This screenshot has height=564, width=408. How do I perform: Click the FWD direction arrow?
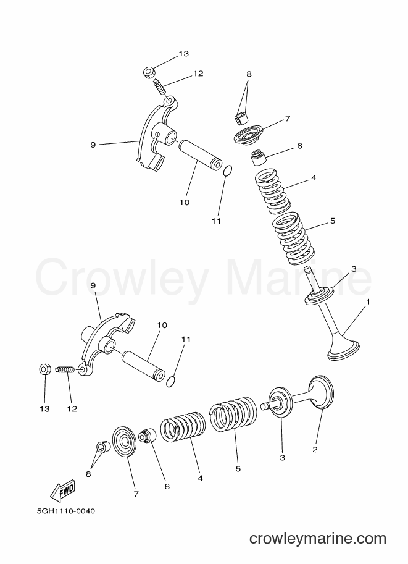click(62, 490)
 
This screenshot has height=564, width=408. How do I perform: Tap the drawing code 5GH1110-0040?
click(66, 511)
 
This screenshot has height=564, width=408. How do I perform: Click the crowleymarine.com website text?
click(318, 539)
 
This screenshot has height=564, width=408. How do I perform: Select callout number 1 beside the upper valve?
click(368, 301)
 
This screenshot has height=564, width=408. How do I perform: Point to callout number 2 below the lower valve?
click(315, 449)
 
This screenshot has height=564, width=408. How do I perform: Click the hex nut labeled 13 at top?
click(149, 72)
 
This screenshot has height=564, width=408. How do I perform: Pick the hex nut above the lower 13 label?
click(44, 369)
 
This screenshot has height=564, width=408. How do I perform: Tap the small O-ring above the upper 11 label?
click(227, 171)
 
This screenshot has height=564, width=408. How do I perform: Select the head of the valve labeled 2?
click(321, 392)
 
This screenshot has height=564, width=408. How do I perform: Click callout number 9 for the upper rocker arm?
click(93, 145)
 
